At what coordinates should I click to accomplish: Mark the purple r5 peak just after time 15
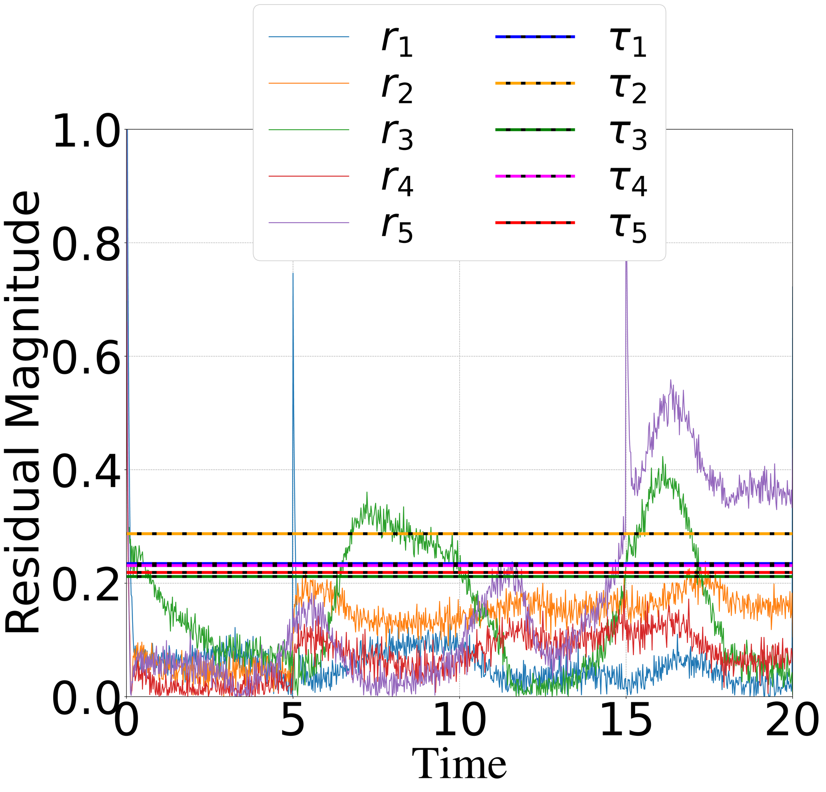627,264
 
